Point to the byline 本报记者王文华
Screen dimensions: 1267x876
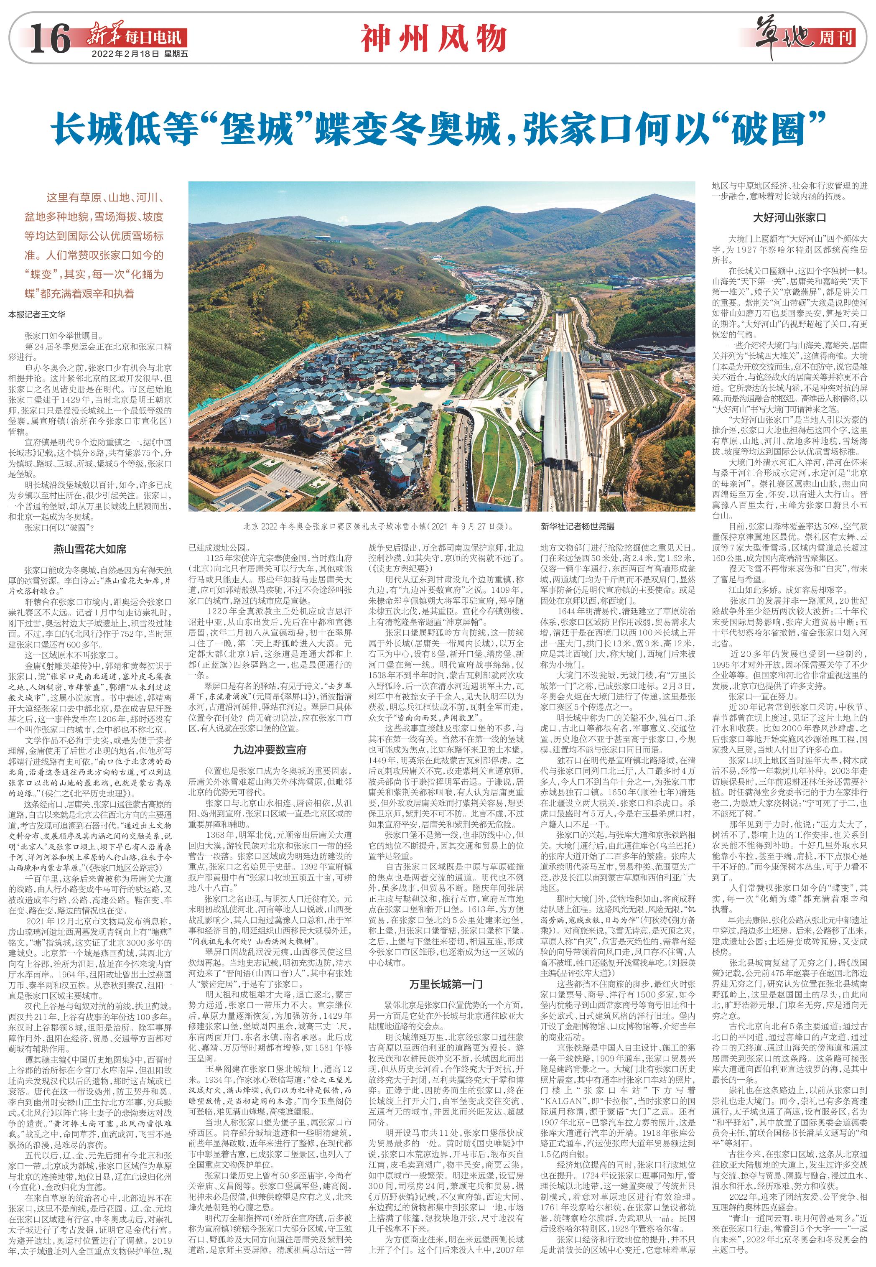37,315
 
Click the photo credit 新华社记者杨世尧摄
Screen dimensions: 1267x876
578,526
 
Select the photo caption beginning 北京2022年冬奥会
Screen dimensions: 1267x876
378,526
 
